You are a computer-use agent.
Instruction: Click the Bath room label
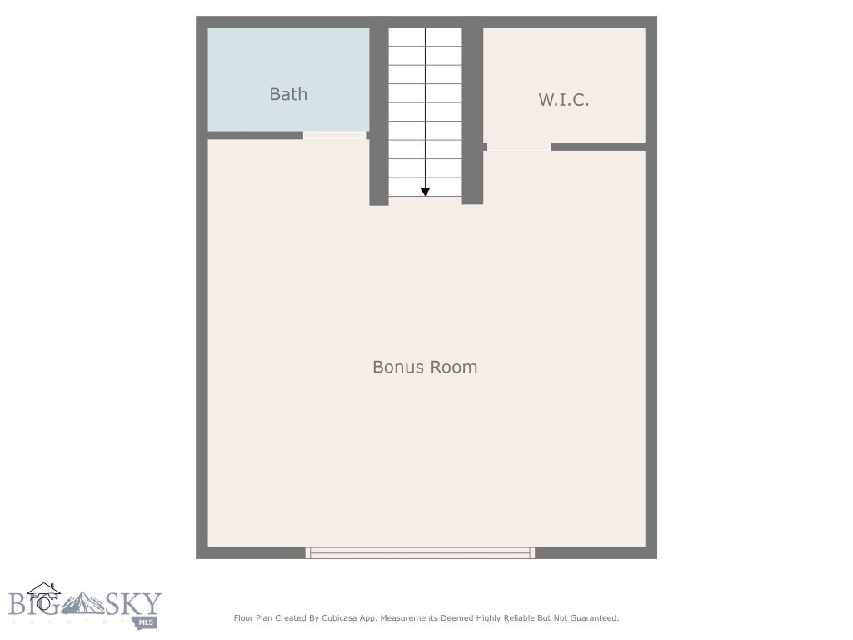pos(288,94)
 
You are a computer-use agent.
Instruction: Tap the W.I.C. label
pos(564,100)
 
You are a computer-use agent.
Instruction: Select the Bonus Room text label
pos(425,367)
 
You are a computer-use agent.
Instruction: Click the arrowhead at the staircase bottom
pos(425,192)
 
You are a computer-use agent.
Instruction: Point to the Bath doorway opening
pos(334,135)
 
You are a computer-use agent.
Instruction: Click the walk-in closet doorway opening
pos(519,147)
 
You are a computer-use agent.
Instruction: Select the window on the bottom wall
pos(420,552)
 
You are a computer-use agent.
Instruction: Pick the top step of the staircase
pos(425,37)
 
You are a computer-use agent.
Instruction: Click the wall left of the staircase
pos(378,117)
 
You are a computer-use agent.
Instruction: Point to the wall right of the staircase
pos(472,117)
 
